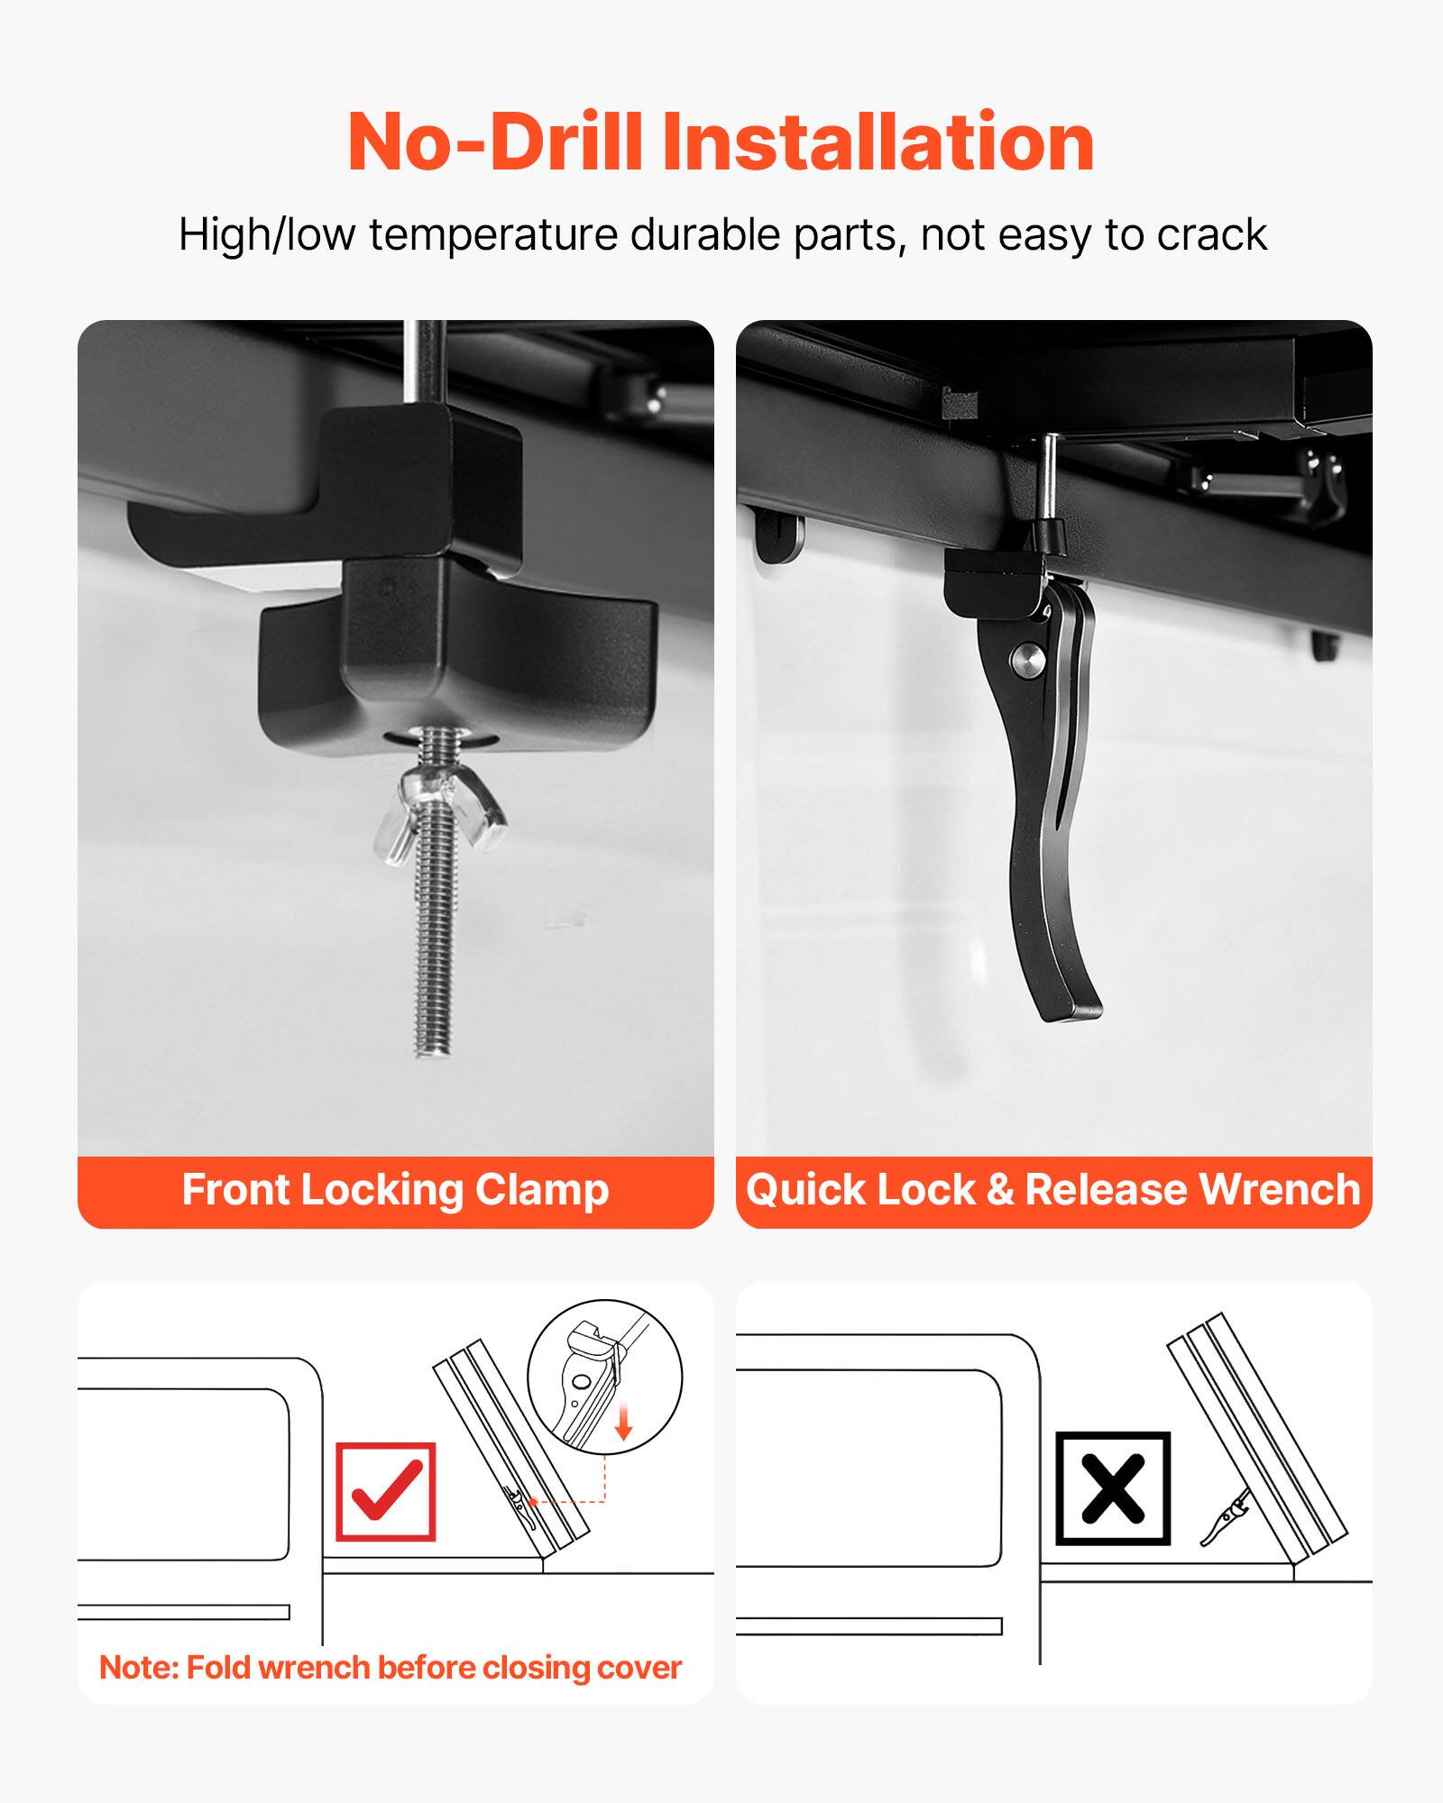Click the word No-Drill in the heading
494,142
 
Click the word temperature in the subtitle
494,235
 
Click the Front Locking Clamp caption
395,1190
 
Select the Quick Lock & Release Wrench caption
1052,1190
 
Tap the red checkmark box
385,1491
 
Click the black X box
1113,1488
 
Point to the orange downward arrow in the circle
623,1424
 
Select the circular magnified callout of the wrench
603,1376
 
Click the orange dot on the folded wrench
534,1501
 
